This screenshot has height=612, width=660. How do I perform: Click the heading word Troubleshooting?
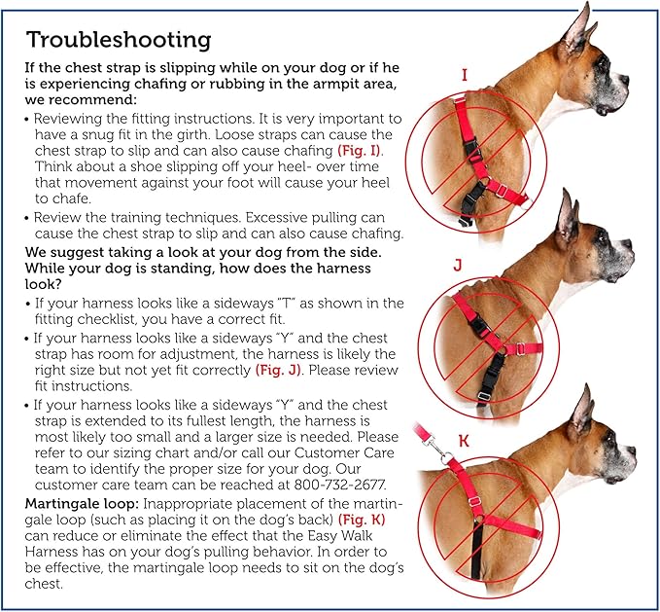[118, 40]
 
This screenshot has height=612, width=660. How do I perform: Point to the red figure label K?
[464, 441]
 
